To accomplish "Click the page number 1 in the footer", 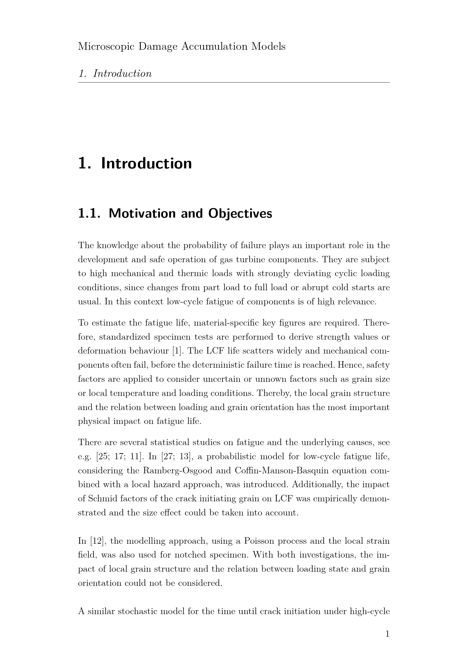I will (x=387, y=634).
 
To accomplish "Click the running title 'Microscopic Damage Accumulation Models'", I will (x=182, y=46).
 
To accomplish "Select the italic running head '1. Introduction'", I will (x=115, y=74).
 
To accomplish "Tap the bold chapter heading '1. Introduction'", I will (x=135, y=163).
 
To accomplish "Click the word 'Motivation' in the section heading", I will (x=142, y=213).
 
